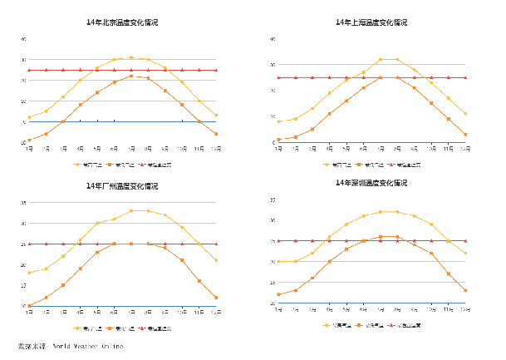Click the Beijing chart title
pos(122,22)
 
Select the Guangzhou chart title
pos(122,185)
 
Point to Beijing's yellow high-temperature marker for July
pos(130,57)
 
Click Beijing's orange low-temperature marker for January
pos(29,141)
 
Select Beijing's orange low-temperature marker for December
pos(216,134)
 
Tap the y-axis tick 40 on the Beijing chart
pos(24,39)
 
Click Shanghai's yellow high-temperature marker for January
pos(278,121)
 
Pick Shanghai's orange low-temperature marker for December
pos(465,135)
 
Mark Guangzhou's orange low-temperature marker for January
pos(29,306)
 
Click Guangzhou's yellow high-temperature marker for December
pos(216,260)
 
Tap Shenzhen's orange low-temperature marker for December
pos(465,290)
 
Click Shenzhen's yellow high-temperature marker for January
pos(278,261)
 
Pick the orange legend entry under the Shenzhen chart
pos(367,325)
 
